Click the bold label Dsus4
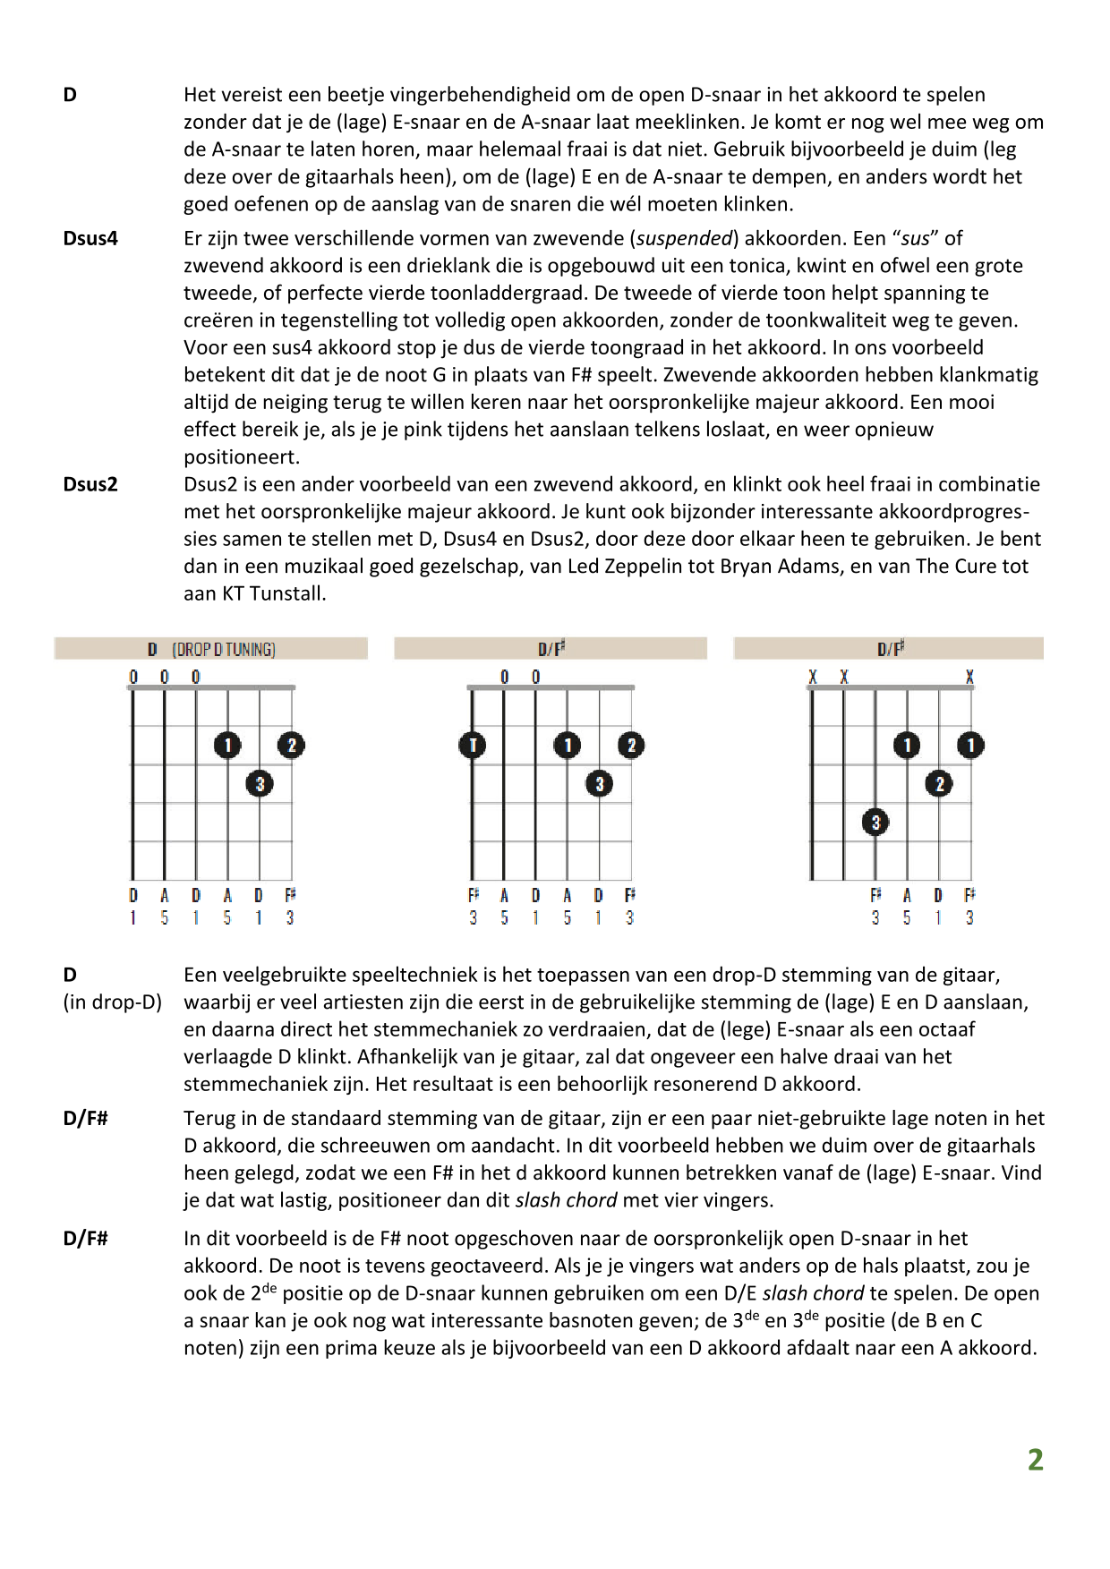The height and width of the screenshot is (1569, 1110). [90, 239]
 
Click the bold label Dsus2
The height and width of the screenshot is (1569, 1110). [90, 485]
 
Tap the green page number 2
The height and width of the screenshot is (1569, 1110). [1035, 1460]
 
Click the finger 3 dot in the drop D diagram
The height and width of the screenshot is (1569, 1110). [260, 784]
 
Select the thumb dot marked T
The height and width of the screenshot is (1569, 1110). [472, 745]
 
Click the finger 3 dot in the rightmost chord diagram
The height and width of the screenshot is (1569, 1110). [875, 822]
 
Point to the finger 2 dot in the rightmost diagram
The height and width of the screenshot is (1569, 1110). [939, 784]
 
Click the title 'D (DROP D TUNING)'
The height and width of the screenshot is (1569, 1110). [212, 649]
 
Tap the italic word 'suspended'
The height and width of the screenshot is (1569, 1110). [685, 239]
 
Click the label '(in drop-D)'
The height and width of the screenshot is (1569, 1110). [113, 1002]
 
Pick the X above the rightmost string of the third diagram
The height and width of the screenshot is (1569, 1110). [969, 678]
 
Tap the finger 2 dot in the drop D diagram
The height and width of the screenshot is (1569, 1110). [291, 745]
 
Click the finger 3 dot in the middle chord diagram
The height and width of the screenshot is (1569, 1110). [599, 784]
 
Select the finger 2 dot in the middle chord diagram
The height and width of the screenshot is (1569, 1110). [631, 745]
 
